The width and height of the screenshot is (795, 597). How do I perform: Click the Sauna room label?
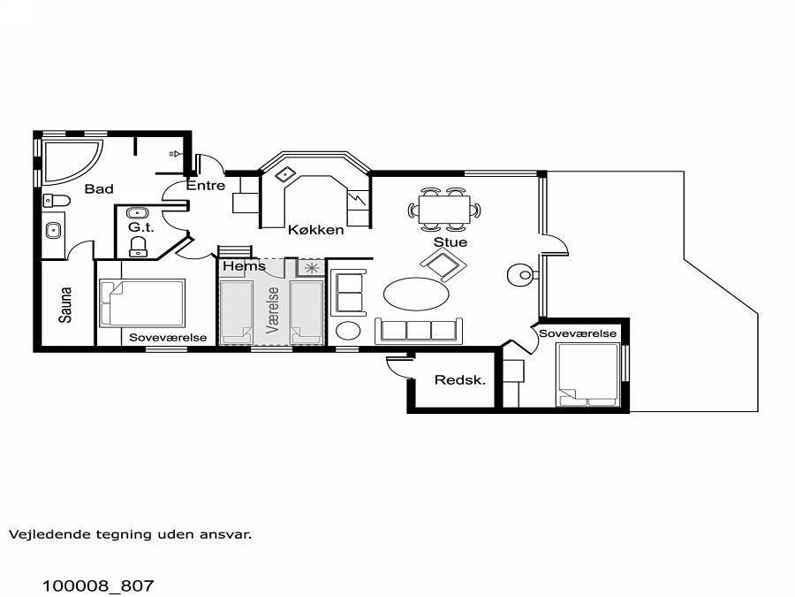click(65, 304)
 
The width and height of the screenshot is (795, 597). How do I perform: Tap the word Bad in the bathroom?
click(99, 189)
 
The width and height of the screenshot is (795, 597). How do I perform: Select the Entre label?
click(206, 186)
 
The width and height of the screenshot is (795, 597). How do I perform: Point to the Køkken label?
click(316, 229)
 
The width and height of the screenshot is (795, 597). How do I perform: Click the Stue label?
click(450, 242)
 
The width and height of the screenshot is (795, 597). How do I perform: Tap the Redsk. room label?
click(460, 379)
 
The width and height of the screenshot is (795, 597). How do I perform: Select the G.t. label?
click(140, 227)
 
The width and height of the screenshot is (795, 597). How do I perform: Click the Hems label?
click(244, 266)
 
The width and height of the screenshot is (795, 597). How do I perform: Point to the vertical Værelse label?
click(273, 310)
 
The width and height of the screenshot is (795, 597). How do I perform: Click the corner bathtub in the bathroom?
click(68, 161)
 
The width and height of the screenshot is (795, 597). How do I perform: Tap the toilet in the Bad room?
click(57, 201)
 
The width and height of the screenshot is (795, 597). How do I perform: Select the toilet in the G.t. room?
click(139, 246)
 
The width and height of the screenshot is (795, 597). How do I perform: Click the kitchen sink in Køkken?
click(286, 174)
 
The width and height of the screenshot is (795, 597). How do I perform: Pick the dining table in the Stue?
click(444, 210)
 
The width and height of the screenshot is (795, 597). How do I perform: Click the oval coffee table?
click(416, 294)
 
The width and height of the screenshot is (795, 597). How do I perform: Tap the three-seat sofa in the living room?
click(419, 331)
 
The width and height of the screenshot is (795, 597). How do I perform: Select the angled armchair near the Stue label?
click(443, 264)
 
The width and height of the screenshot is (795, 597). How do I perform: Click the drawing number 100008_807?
click(98, 586)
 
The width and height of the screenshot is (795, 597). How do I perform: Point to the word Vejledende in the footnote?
click(42, 534)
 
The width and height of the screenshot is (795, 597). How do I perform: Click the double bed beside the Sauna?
click(142, 303)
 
